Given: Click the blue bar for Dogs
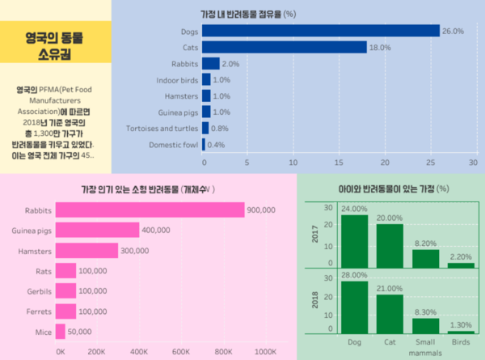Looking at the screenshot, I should (320, 31).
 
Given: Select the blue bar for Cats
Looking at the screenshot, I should (284, 47).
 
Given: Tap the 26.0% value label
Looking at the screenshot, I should (453, 31).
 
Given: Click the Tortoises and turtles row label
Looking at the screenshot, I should (162, 129).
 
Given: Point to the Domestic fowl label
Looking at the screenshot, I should (173, 145).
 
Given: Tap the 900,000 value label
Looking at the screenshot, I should (263, 210).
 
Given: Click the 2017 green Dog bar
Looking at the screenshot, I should (354, 240).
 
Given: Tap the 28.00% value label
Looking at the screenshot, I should (354, 276).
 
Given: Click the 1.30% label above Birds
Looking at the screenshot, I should (462, 324).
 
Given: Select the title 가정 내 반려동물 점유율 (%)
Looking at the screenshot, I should (247, 14).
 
